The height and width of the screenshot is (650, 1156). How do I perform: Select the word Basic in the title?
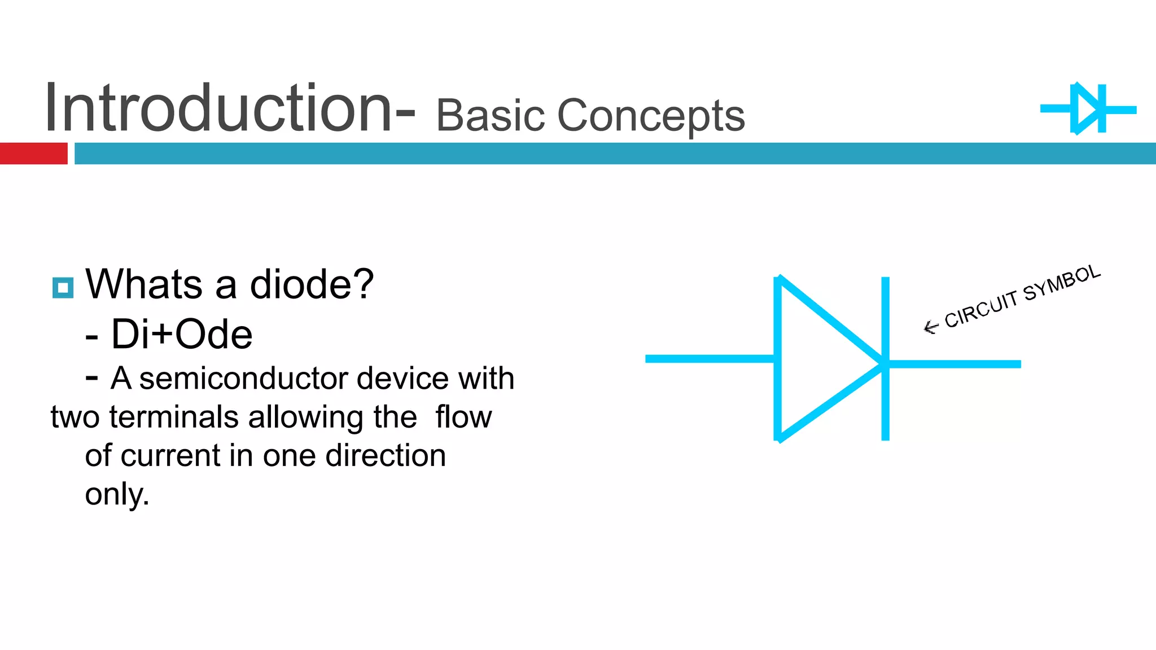click(489, 116)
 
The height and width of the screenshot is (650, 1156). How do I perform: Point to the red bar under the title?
click(33, 153)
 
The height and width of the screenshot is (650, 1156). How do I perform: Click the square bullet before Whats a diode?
click(63, 288)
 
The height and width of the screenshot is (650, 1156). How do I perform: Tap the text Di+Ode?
click(182, 334)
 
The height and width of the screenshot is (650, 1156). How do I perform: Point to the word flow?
click(463, 417)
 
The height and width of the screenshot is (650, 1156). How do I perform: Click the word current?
click(170, 455)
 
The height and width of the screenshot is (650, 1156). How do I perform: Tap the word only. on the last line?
click(117, 494)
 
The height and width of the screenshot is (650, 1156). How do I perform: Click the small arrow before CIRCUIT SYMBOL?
click(930, 327)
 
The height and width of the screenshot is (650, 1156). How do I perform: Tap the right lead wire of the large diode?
click(960, 364)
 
